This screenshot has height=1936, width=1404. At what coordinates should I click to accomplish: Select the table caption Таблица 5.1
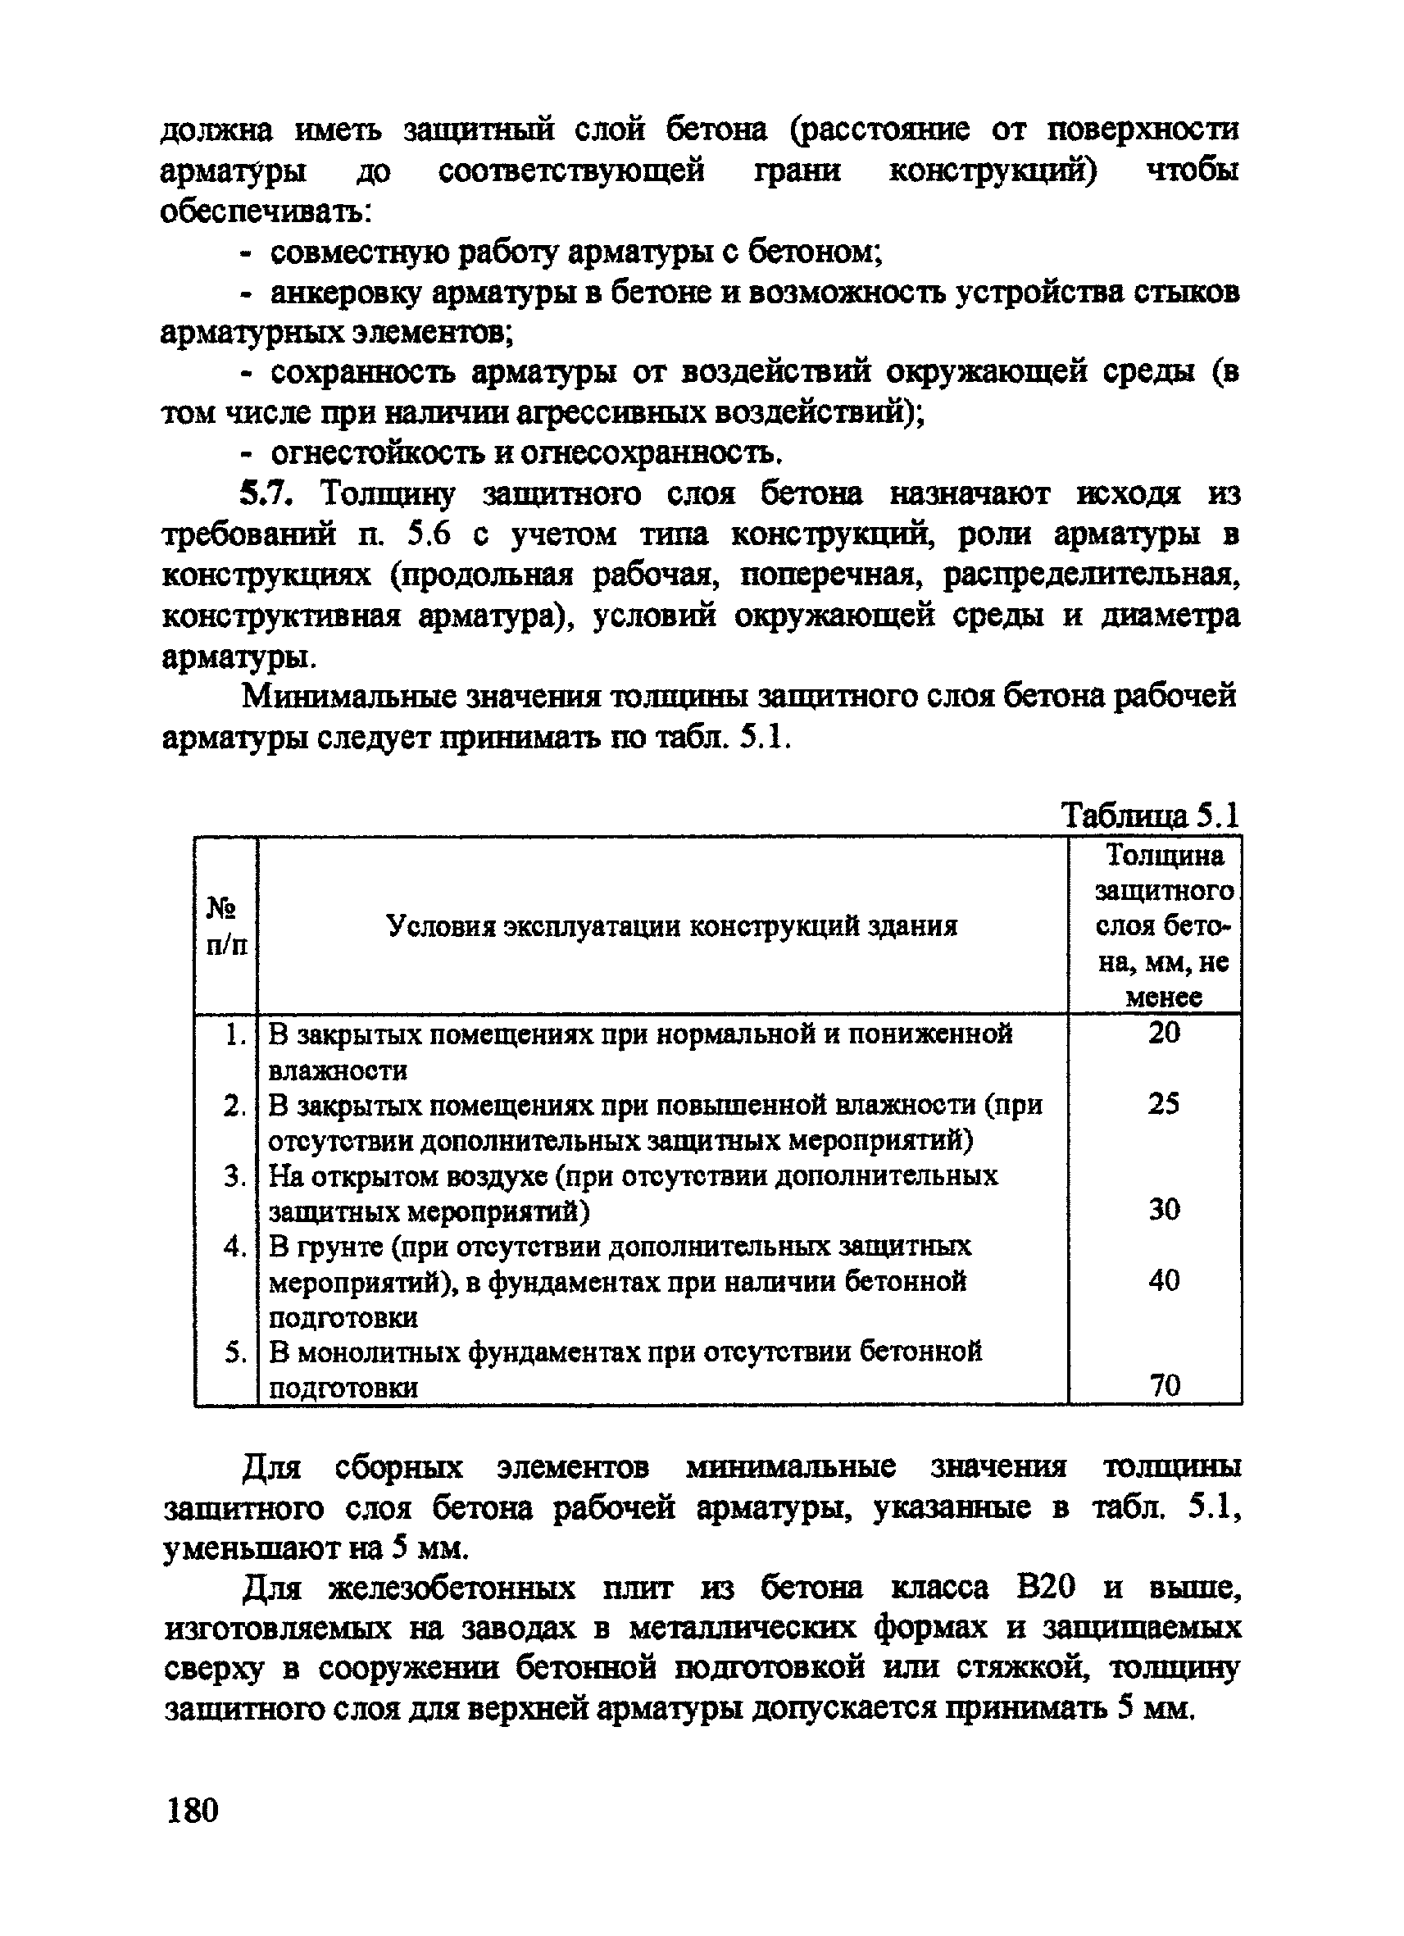point(1149,816)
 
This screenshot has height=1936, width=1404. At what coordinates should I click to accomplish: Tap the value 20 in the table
point(1163,1033)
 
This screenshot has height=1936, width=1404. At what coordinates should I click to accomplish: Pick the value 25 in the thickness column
point(1163,1104)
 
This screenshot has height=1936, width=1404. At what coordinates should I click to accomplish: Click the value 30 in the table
point(1163,1209)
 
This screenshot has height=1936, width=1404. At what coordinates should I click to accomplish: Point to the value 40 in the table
point(1163,1279)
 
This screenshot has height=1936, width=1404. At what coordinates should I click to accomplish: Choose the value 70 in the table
point(1165,1384)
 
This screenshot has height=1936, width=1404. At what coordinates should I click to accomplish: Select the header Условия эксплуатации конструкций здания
point(672,926)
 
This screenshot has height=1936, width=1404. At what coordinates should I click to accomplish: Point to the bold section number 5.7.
point(267,493)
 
